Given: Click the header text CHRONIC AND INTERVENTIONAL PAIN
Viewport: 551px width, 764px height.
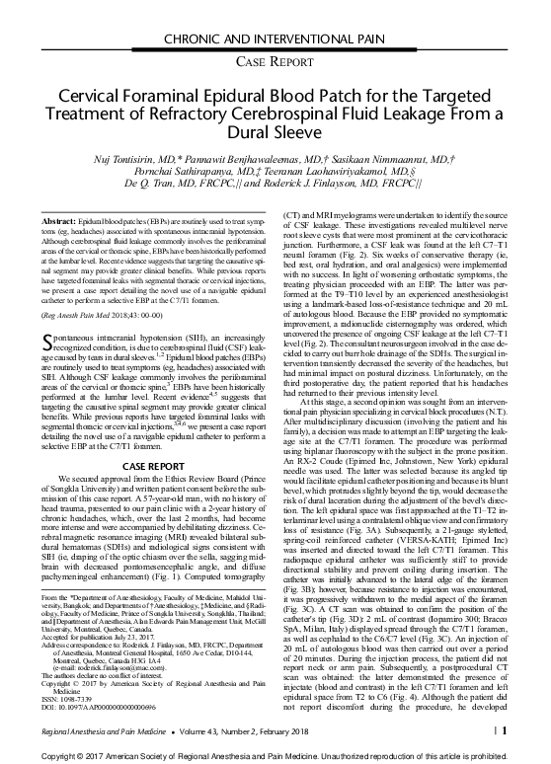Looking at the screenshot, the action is click(x=275, y=12).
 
